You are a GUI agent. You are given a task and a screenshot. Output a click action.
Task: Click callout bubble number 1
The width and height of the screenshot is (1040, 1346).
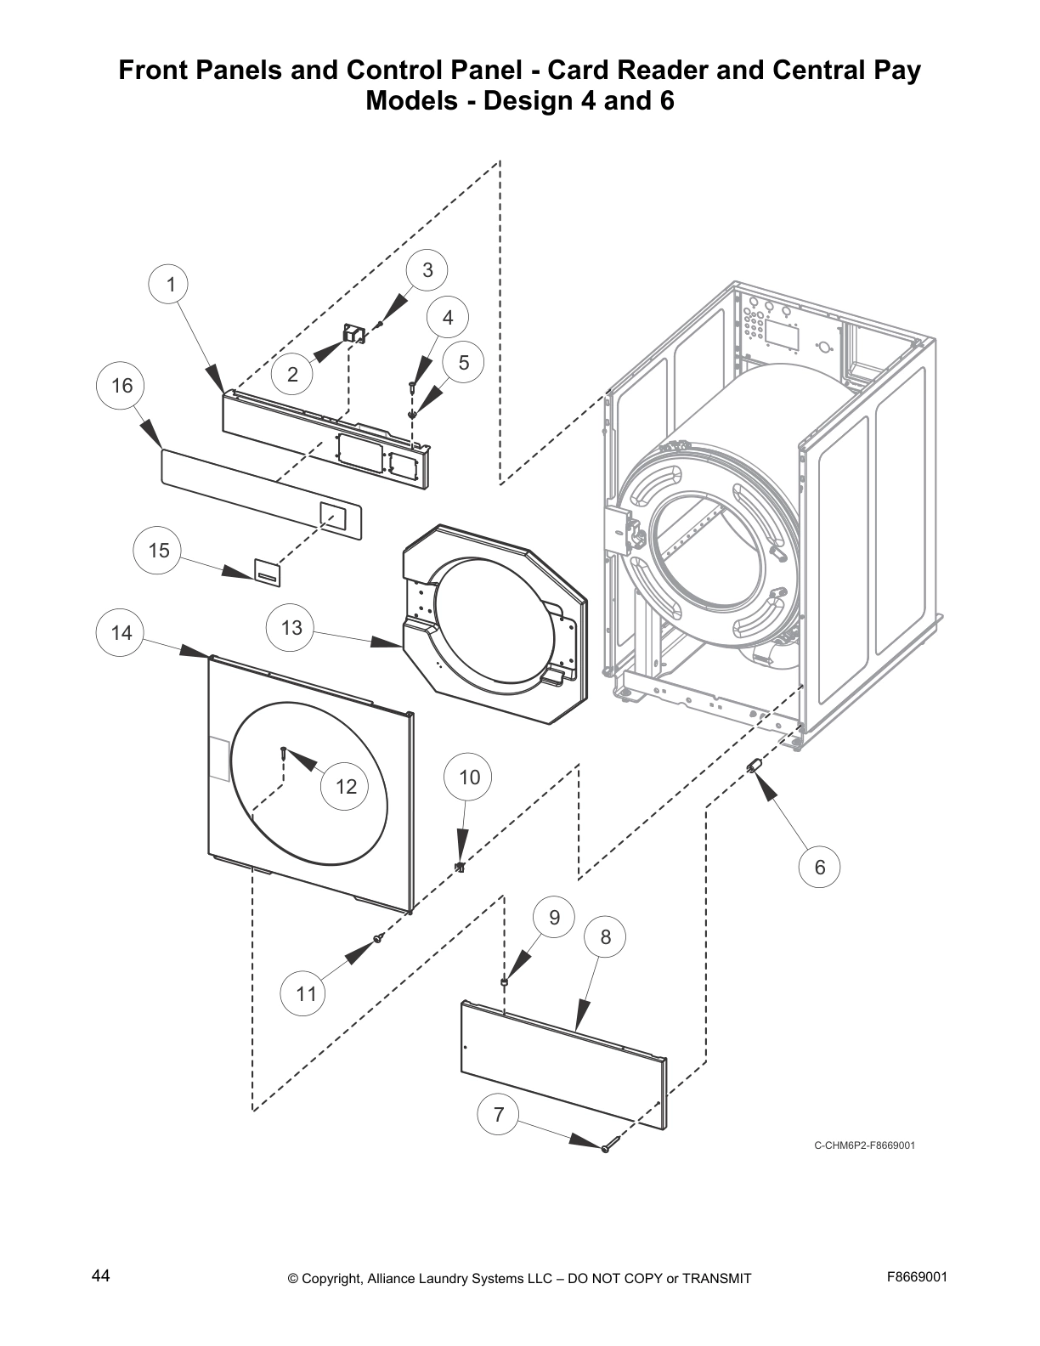(x=171, y=285)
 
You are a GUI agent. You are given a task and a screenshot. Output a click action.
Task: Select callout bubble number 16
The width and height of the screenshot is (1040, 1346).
(x=122, y=386)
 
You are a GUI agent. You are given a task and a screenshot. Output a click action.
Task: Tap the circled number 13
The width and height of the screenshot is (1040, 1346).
(x=291, y=628)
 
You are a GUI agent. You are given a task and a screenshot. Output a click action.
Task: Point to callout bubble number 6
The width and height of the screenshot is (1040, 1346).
(x=819, y=867)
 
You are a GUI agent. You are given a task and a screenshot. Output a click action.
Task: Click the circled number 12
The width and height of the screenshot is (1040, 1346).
(x=346, y=787)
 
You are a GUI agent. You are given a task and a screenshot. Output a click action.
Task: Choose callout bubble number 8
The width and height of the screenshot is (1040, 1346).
(x=605, y=937)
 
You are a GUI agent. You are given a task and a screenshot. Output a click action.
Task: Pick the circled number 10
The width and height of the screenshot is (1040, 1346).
(x=469, y=777)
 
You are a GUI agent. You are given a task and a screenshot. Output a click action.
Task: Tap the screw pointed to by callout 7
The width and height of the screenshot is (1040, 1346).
(x=606, y=1149)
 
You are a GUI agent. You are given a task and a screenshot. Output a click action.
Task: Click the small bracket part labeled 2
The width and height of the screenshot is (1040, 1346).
(x=353, y=334)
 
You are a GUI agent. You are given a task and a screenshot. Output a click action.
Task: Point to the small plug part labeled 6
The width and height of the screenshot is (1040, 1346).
(x=752, y=767)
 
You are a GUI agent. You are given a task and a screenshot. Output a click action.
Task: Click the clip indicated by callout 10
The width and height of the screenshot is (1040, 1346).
(x=460, y=867)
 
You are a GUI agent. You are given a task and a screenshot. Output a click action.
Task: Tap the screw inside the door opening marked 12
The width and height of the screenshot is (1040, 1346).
(x=283, y=751)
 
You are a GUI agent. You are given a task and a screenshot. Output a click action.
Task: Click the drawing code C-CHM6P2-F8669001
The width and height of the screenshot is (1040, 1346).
(x=864, y=1145)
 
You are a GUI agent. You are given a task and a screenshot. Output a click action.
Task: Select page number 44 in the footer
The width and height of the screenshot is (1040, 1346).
(x=100, y=1275)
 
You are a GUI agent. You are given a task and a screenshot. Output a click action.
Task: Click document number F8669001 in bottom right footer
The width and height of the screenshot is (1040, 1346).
(x=917, y=1276)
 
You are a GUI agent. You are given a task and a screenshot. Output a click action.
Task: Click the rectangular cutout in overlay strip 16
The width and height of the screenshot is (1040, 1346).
(x=332, y=516)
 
